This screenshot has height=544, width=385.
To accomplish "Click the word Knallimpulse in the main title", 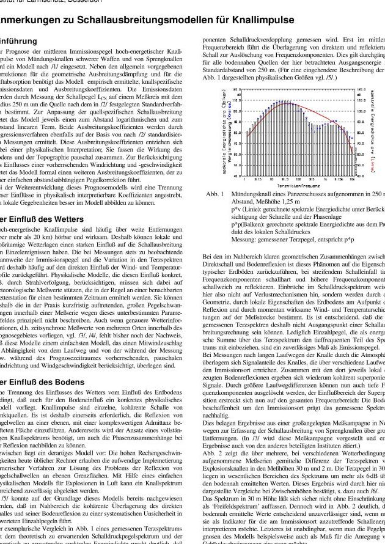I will click(259, 21).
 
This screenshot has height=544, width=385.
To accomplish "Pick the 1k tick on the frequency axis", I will click(327, 179).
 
